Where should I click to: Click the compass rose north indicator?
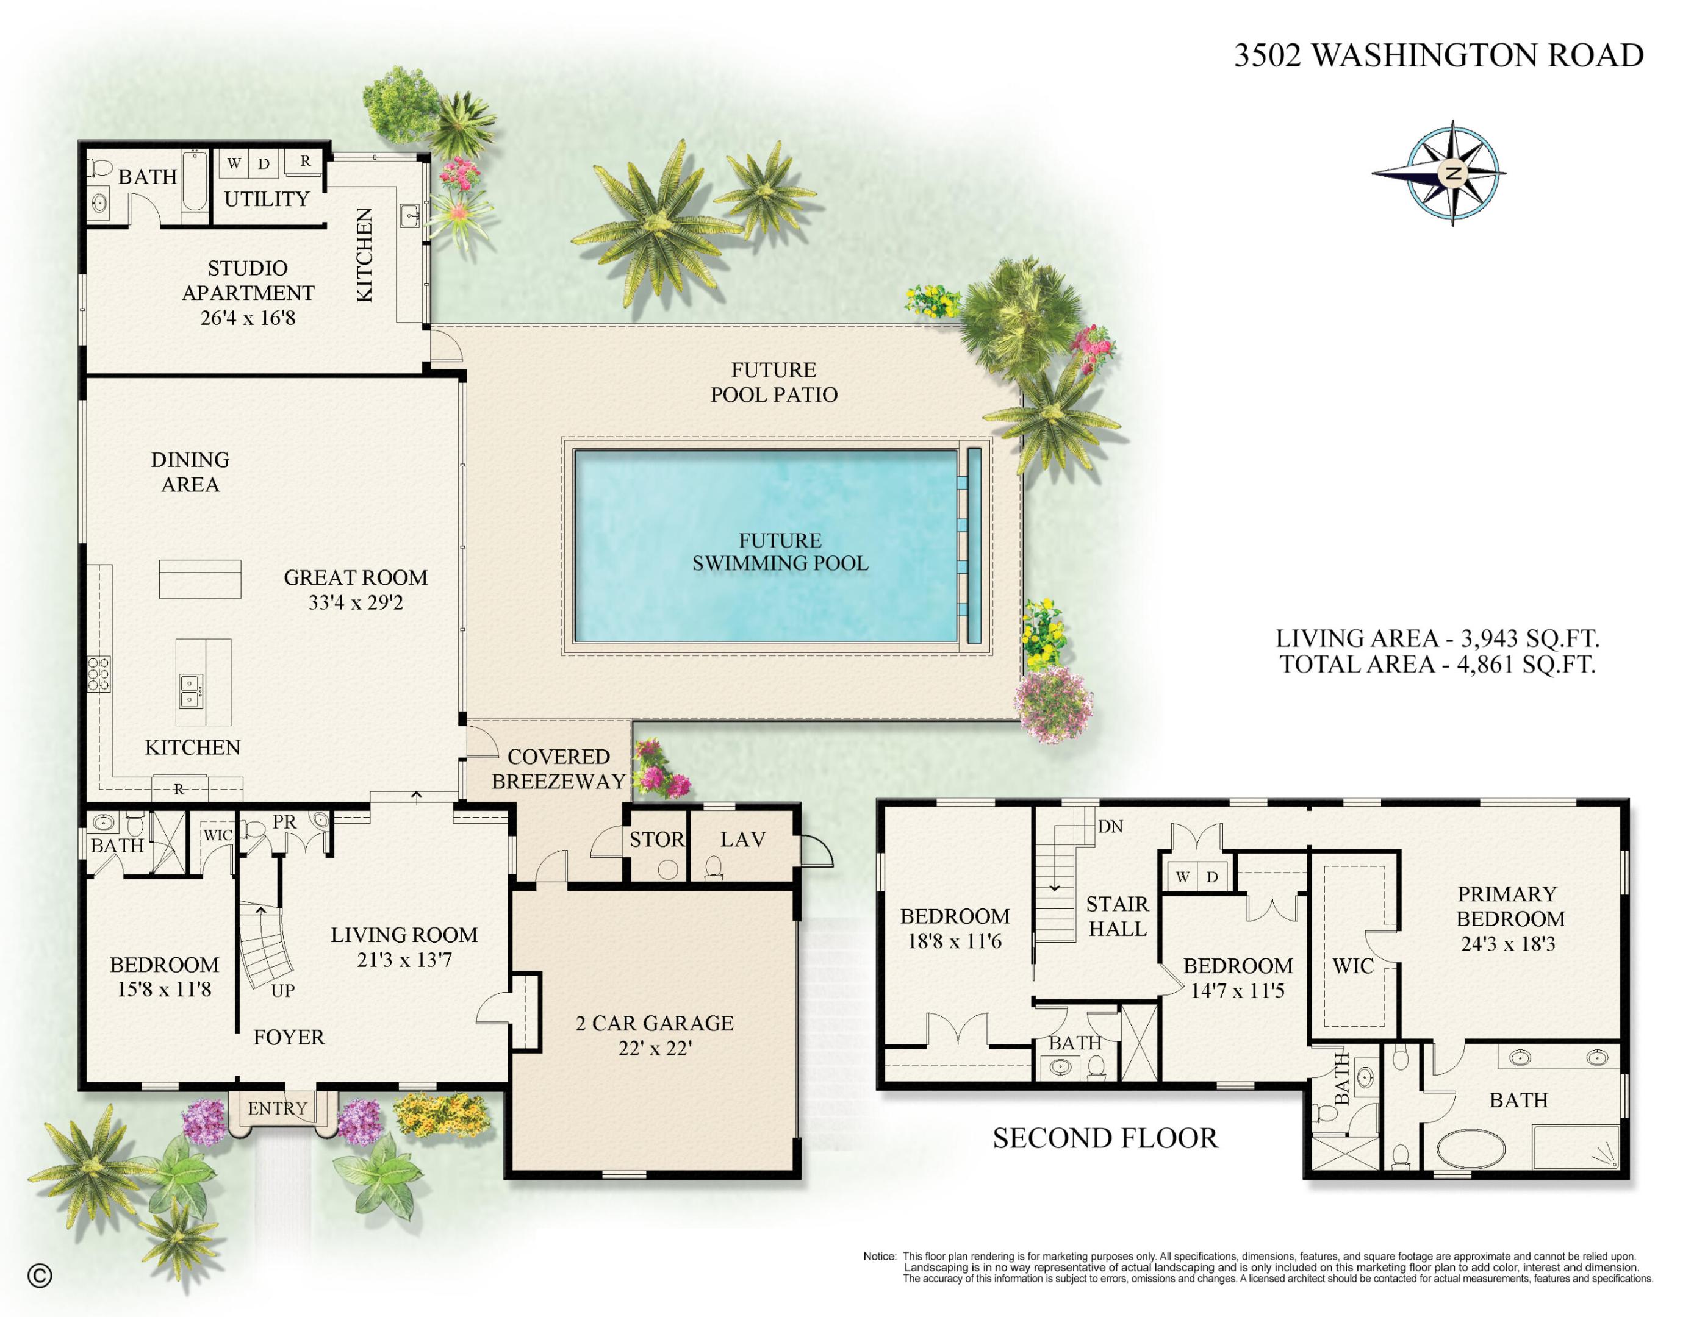tap(1453, 173)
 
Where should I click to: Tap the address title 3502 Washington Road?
tap(1438, 55)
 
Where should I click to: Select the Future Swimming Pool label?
tap(780, 552)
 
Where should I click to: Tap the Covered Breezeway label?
tap(558, 768)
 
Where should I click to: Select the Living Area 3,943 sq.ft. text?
tap(1437, 638)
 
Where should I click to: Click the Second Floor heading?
tap(1105, 1138)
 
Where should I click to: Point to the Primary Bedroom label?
tap(1510, 906)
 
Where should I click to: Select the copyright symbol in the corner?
tap(40, 1276)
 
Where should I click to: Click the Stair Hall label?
tap(1117, 916)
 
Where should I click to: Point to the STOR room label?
tap(656, 840)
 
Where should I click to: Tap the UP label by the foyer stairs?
tap(282, 991)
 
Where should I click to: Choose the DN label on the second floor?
tap(1110, 826)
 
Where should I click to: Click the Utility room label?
tap(267, 199)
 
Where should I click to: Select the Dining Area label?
tap(190, 472)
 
